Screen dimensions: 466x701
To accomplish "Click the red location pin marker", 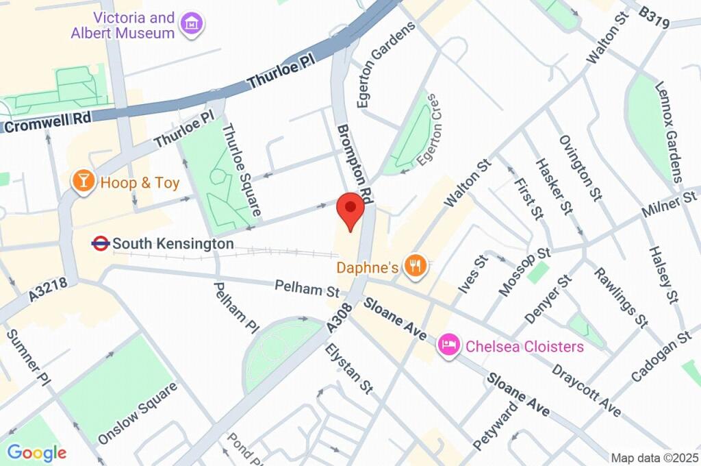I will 351,209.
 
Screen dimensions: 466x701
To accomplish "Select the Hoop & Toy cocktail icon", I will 83,182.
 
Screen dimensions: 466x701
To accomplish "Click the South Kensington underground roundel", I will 101,243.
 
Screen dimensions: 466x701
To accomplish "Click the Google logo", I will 36,452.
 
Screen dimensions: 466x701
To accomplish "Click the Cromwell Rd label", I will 46,122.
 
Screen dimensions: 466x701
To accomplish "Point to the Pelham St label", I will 307,288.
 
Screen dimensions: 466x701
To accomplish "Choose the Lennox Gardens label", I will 670,132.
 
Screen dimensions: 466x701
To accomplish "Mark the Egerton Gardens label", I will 386,64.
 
